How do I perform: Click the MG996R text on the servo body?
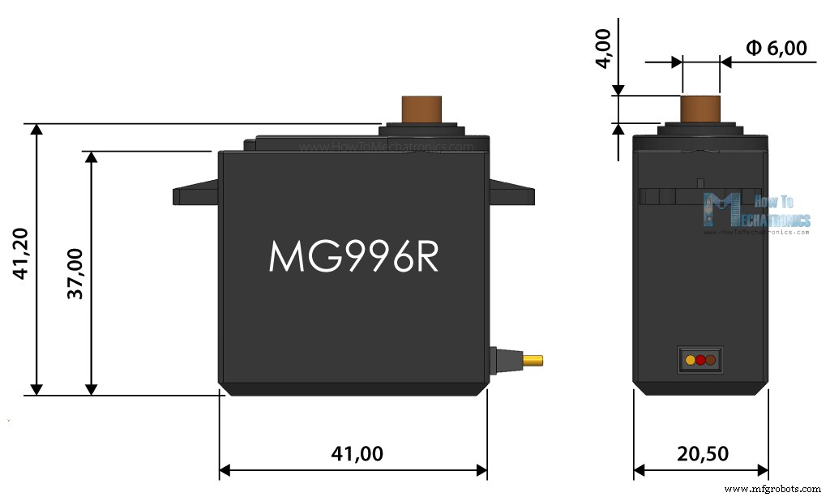click(353, 256)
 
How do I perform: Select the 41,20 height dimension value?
click(22, 254)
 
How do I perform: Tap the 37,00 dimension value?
click(76, 273)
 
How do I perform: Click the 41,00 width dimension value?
click(357, 454)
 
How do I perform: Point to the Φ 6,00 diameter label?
click(777, 49)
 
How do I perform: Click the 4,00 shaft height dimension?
click(602, 49)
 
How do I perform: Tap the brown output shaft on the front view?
click(421, 109)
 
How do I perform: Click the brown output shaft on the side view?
click(700, 109)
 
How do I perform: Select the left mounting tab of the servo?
click(195, 195)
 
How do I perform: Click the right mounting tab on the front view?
click(511, 195)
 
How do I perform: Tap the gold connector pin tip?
click(534, 360)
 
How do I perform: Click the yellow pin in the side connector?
click(691, 360)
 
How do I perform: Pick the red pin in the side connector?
click(700, 360)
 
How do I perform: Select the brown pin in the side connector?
click(710, 360)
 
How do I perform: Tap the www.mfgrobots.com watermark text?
click(772, 489)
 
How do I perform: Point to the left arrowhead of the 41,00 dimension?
click(226, 470)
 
